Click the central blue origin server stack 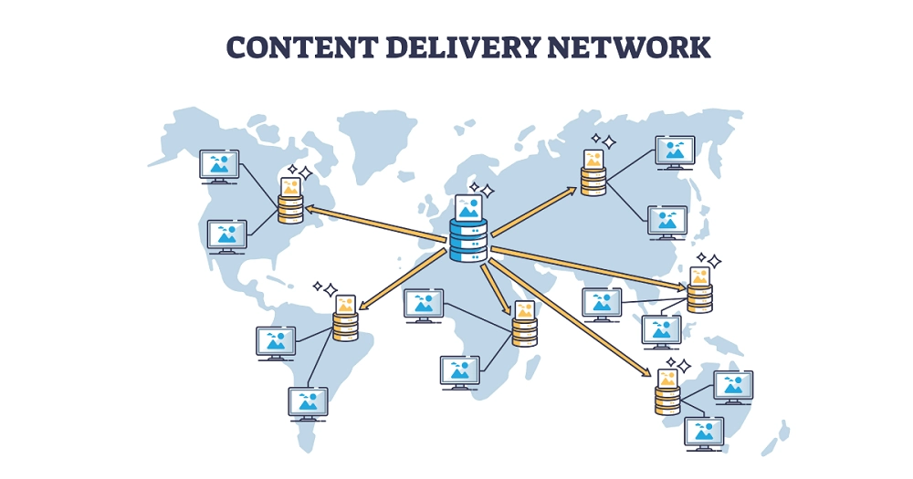(x=468, y=240)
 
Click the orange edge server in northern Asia (x=593, y=181)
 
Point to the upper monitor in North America (x=219, y=166)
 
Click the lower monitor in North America (x=226, y=236)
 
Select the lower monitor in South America (x=308, y=403)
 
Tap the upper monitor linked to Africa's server (x=424, y=305)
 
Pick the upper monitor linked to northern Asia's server (x=675, y=151)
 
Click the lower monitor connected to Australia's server (x=704, y=432)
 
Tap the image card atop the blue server (x=468, y=208)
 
